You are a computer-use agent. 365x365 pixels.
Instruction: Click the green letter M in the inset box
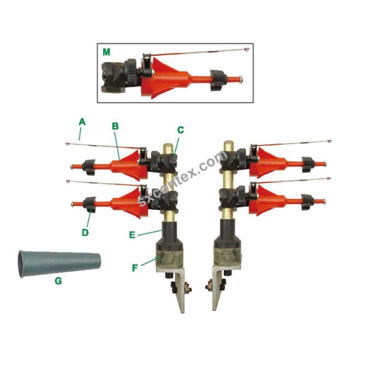[x=106, y=52]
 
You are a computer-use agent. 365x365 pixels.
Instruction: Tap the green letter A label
[x=82, y=122]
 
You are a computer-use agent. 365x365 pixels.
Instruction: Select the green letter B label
[x=115, y=126]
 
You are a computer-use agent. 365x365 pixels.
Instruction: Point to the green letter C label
[x=180, y=130]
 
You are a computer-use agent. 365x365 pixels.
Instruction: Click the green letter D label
[x=85, y=232]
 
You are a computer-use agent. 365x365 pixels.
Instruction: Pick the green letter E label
[x=132, y=235]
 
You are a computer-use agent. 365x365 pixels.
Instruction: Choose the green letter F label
[x=135, y=268]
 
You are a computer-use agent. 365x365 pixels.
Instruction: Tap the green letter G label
[x=58, y=281]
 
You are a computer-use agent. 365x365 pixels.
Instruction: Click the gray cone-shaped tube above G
[x=59, y=264]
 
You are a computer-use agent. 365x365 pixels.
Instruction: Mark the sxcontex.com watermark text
[x=183, y=178]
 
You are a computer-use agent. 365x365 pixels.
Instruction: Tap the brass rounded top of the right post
[x=229, y=146]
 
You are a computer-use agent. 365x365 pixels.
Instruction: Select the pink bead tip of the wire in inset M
[x=246, y=49]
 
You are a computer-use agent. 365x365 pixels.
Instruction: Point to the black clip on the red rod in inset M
[x=218, y=80]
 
